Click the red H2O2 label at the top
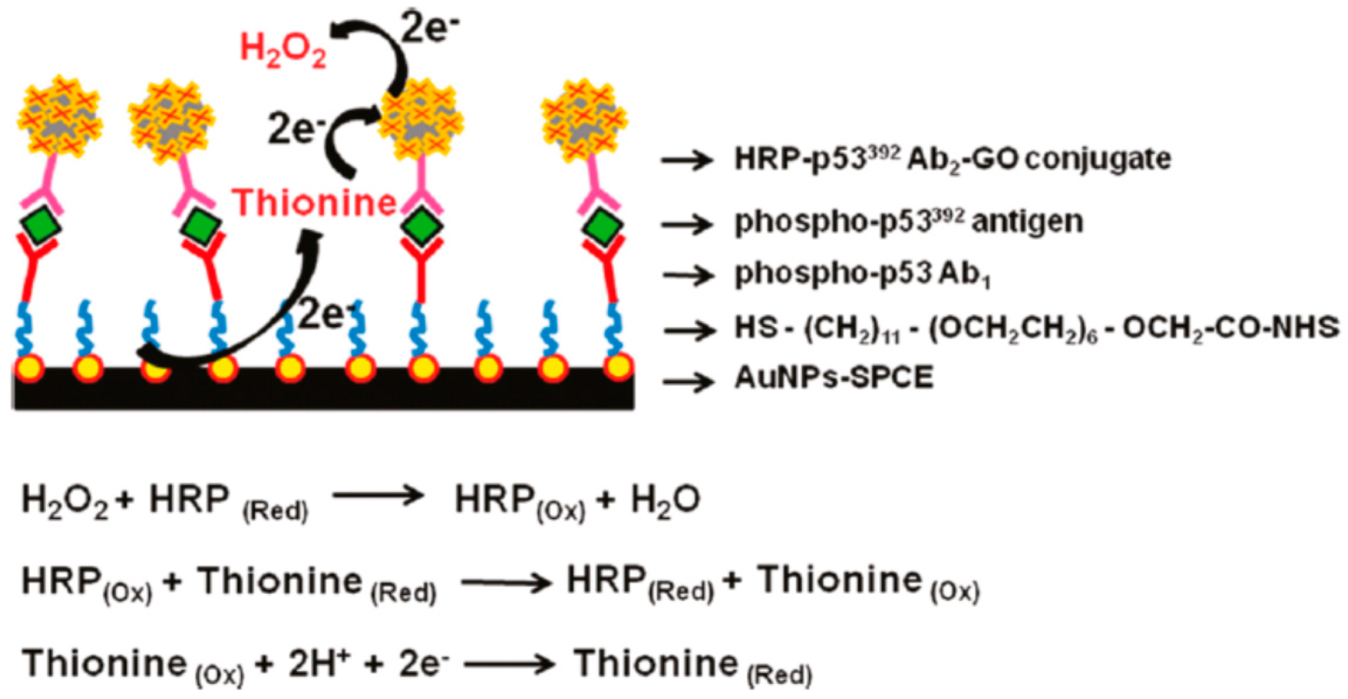(x=283, y=50)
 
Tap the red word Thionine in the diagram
(x=314, y=203)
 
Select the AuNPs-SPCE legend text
(x=834, y=378)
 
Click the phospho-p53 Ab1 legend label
(x=862, y=274)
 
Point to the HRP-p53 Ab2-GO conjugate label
(x=952, y=159)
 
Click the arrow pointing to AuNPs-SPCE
(x=688, y=382)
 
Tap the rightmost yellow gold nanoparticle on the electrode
(x=618, y=366)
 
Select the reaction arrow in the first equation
(x=378, y=496)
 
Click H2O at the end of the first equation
(x=665, y=501)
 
